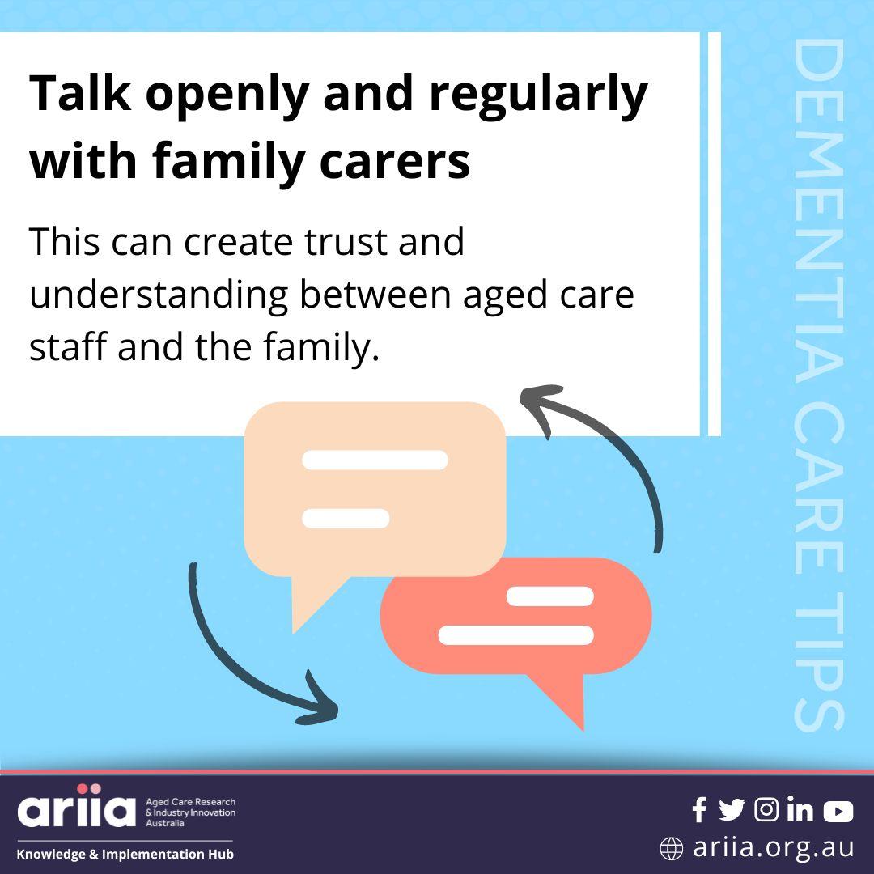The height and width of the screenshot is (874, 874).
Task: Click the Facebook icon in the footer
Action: [699, 810]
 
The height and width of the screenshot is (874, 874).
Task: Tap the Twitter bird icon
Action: [732, 810]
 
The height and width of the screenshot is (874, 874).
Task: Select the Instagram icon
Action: [766, 809]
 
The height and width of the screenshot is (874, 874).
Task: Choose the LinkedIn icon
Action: [800, 809]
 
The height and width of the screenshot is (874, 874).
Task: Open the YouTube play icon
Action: [838, 811]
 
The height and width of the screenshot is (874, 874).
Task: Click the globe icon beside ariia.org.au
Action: [671, 848]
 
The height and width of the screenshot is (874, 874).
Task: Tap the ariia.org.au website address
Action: [774, 847]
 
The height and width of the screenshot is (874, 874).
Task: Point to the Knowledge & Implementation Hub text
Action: [125, 854]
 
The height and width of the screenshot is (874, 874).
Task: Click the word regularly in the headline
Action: [538, 95]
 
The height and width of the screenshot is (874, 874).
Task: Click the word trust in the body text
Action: [346, 242]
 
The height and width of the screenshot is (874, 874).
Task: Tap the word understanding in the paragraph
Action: [159, 295]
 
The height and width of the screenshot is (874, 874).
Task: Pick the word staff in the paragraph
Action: [67, 346]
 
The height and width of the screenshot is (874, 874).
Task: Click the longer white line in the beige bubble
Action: [375, 460]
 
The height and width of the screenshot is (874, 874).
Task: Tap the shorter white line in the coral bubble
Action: [549, 596]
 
